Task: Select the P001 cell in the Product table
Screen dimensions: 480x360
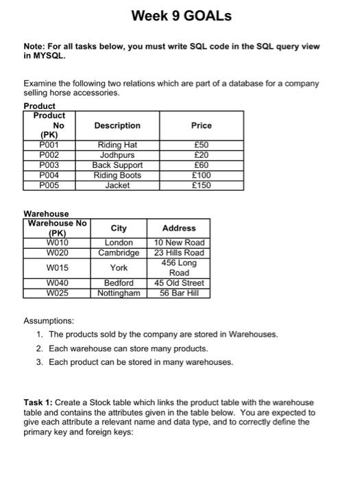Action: point(49,145)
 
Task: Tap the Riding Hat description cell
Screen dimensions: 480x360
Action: point(117,145)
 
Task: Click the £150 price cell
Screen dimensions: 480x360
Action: point(201,185)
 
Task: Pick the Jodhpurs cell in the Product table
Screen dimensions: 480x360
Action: point(117,155)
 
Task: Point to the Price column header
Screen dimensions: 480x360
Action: point(201,125)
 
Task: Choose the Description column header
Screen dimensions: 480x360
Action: point(117,125)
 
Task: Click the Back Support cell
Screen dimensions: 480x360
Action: point(117,165)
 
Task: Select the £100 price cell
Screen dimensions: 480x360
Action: point(201,175)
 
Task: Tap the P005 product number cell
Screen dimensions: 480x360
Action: point(49,185)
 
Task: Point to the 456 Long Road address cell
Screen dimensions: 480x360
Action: point(179,267)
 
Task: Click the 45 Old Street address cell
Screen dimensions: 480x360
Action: point(179,283)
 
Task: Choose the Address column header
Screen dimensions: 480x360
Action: point(179,228)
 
